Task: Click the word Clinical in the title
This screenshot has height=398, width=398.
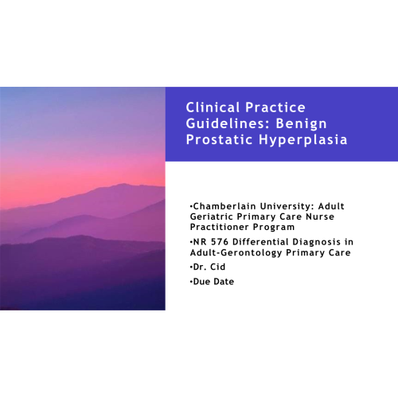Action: (213, 107)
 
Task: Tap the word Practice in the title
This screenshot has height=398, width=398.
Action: (275, 107)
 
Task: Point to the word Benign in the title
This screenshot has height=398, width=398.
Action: (301, 124)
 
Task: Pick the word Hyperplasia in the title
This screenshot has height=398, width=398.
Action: (303, 140)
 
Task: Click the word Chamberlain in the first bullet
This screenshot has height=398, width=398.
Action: (224, 206)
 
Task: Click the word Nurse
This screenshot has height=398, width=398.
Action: (320, 217)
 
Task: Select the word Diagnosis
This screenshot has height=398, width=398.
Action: (317, 242)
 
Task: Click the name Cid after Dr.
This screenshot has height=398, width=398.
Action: (217, 267)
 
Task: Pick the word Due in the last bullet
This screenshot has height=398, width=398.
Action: (201, 281)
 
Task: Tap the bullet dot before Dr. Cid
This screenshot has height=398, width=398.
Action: (191, 267)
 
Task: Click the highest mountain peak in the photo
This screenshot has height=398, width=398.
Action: (123, 184)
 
